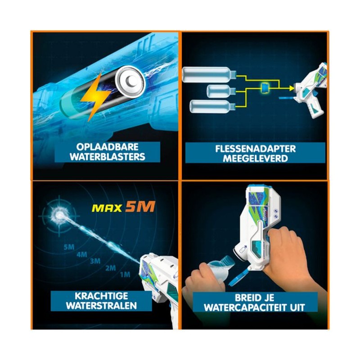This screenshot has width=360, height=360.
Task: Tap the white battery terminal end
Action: coord(130,81)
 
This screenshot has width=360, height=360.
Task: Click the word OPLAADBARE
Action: coord(107,147)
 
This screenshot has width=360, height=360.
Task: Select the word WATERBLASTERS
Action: coord(108,157)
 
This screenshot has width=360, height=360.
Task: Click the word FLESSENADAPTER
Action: coord(255,149)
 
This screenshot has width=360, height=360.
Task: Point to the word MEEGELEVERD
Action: coord(255,159)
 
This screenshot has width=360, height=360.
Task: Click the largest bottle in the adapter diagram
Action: coord(209,74)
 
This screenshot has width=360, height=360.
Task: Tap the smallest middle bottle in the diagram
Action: coord(221,91)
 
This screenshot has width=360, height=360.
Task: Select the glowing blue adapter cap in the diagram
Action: coord(265,87)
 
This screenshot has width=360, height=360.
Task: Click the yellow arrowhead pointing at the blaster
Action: coord(292,87)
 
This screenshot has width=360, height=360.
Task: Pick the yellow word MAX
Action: coord(107,208)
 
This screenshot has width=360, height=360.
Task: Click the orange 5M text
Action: coord(140,207)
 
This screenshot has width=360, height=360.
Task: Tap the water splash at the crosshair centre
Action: coord(59,215)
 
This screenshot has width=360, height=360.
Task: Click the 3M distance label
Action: coord(95,261)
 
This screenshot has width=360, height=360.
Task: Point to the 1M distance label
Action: coord(125,274)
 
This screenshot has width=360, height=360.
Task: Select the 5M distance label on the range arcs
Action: coord(69,247)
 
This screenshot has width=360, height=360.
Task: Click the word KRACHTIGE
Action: coord(101,296)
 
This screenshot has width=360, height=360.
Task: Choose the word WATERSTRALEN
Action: coord(101,306)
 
